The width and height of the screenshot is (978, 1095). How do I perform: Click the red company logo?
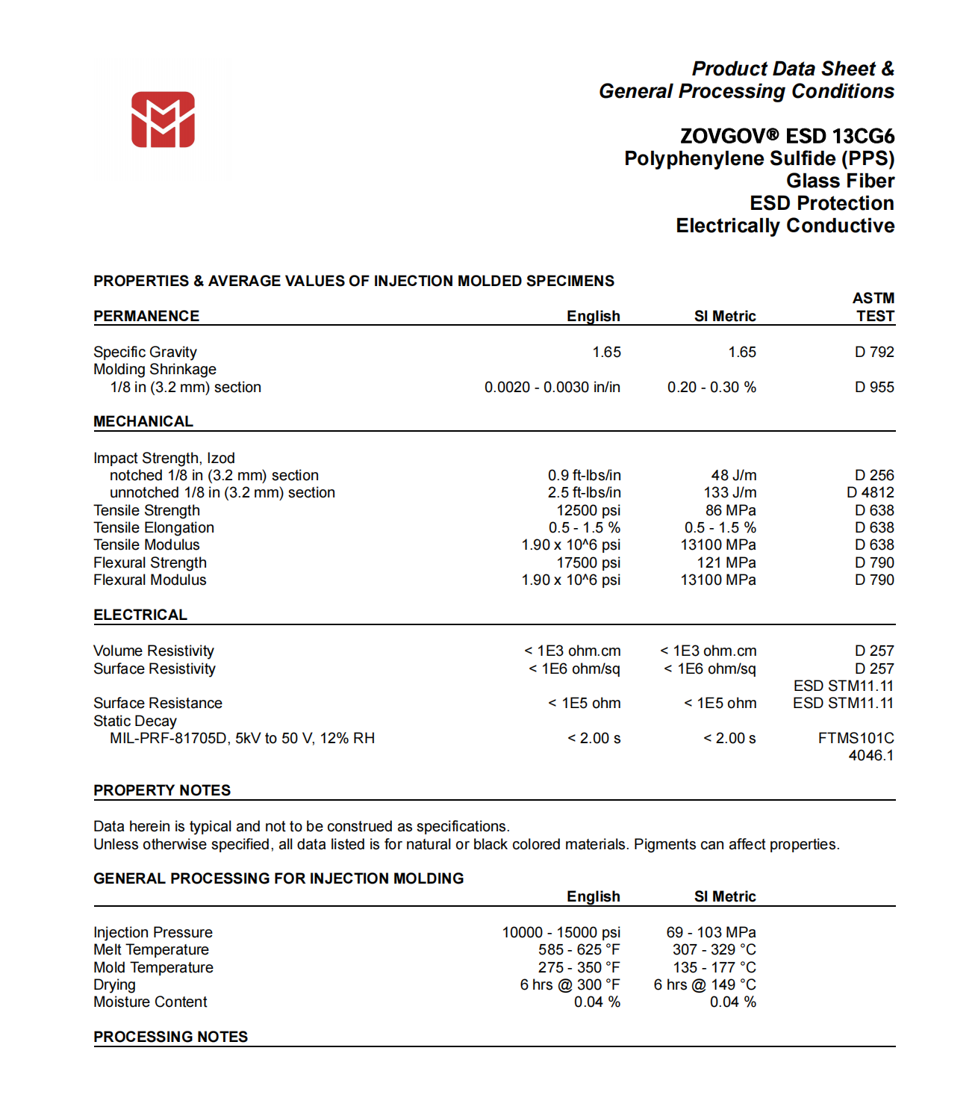(x=163, y=120)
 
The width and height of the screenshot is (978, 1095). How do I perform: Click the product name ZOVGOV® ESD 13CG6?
(x=787, y=136)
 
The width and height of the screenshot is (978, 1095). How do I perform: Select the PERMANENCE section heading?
(x=146, y=316)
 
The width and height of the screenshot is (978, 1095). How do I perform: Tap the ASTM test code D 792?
(x=874, y=352)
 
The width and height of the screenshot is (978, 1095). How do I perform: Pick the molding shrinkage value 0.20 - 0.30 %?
(x=711, y=387)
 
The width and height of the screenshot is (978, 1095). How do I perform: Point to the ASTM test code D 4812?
(x=870, y=492)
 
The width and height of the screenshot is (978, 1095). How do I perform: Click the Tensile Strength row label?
(x=146, y=510)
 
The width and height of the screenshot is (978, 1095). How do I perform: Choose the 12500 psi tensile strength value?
(x=588, y=510)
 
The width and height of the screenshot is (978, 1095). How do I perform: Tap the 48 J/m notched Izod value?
(x=734, y=475)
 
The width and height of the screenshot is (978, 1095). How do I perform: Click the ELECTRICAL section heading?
(x=140, y=615)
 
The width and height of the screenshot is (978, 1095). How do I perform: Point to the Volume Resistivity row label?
(x=154, y=651)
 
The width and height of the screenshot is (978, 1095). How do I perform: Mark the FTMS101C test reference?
(x=856, y=738)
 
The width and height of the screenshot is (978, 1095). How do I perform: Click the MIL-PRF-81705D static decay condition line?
(x=242, y=738)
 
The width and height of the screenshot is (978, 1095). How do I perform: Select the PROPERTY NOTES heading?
(x=162, y=790)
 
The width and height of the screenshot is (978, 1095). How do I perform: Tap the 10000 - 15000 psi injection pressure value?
(x=561, y=932)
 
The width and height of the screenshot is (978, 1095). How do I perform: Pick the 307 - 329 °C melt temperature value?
(x=714, y=949)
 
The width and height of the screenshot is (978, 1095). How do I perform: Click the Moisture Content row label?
(x=150, y=1002)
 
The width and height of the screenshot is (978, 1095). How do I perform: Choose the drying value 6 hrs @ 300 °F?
(x=570, y=984)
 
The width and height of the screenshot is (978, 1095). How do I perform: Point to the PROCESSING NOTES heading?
(x=170, y=1037)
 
